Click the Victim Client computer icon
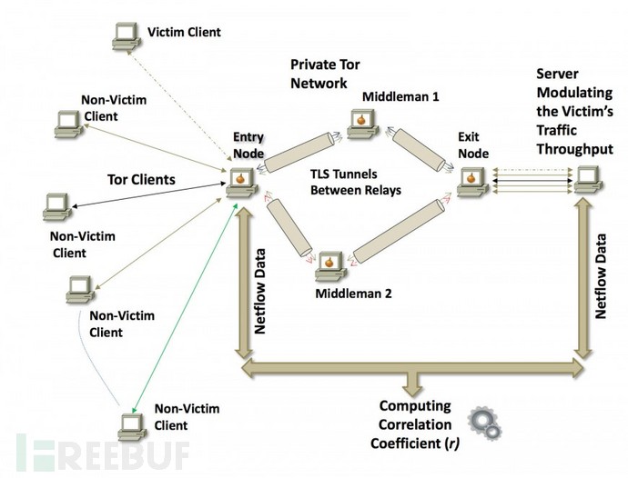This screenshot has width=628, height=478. (127, 36)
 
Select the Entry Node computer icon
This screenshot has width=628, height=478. (241, 183)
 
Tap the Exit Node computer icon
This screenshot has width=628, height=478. (472, 183)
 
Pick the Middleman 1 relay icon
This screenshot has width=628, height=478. (363, 124)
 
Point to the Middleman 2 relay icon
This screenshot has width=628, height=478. (330, 266)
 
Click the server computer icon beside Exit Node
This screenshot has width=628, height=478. (588, 181)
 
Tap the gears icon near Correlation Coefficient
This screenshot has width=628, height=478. (485, 423)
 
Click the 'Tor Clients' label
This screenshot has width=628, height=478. (141, 180)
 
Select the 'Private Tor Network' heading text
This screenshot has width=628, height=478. (325, 74)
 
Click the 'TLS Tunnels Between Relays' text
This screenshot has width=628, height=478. (356, 182)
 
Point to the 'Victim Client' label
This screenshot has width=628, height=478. (184, 32)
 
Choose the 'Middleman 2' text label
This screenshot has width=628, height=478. (354, 294)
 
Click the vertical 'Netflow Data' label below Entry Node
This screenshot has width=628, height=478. (260, 291)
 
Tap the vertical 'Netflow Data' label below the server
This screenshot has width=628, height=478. (601, 276)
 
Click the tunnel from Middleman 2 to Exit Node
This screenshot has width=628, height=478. (399, 231)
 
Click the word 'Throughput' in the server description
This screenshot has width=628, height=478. (574, 149)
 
